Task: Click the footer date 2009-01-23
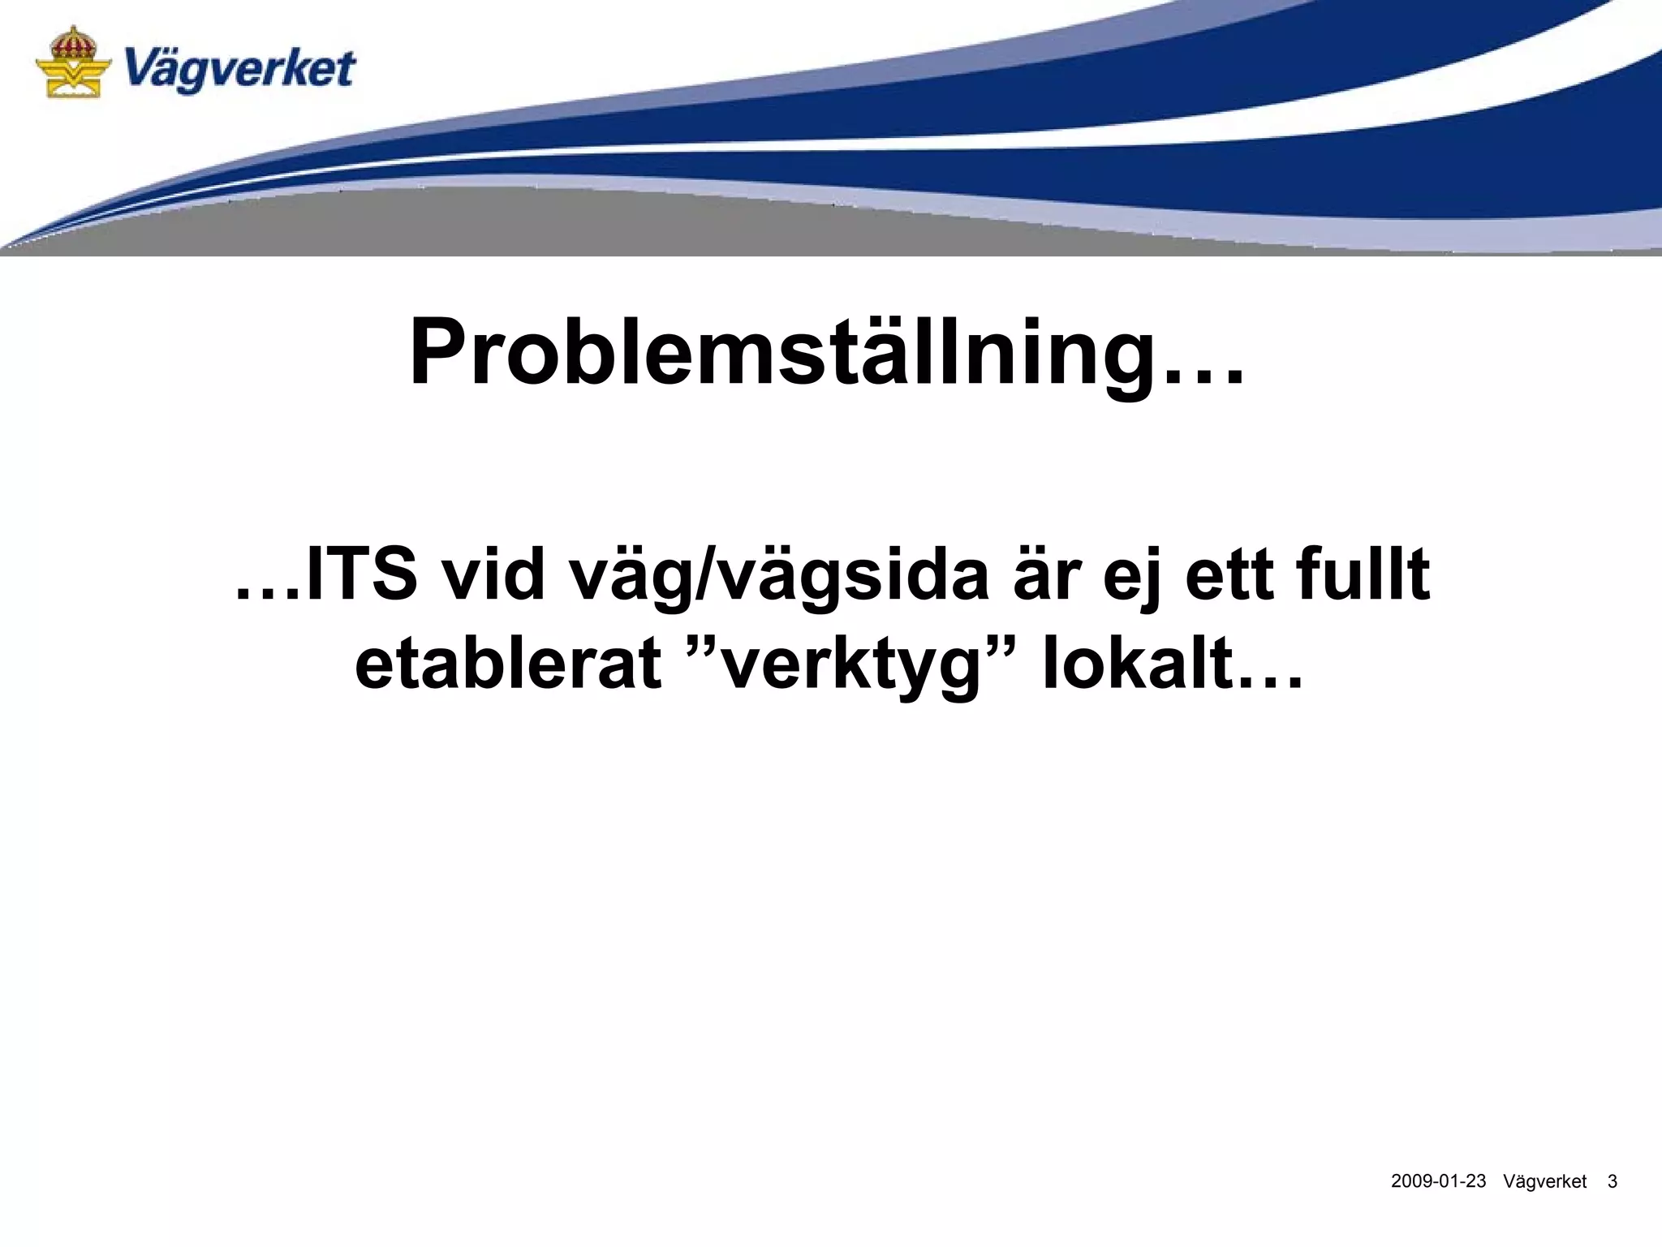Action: tap(1438, 1181)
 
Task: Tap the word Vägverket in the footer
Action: tap(1544, 1181)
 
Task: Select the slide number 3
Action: tap(1612, 1181)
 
